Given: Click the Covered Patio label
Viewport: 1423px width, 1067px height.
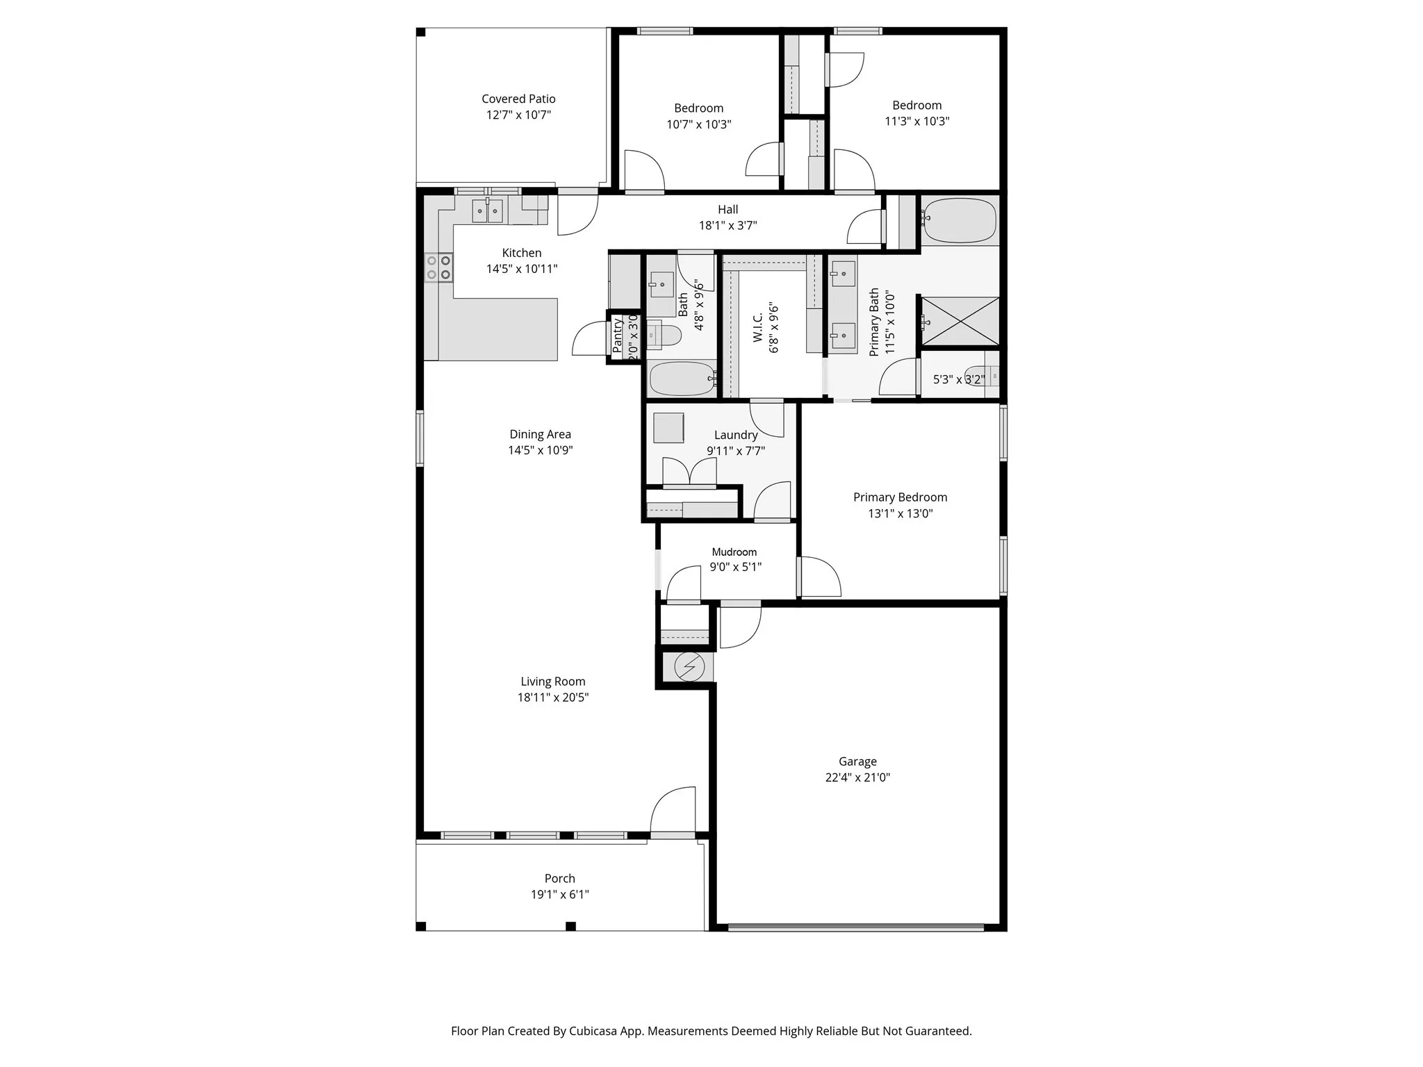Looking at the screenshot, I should tap(518, 99).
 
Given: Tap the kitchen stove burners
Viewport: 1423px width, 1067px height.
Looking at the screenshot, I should tap(438, 267).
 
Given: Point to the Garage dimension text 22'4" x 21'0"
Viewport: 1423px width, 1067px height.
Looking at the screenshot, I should tap(857, 777).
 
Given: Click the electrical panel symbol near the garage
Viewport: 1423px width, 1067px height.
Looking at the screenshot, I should tap(689, 667).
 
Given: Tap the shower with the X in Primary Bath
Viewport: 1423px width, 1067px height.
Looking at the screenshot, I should tap(960, 321).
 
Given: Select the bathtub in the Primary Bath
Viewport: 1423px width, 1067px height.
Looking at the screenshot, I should tap(960, 221).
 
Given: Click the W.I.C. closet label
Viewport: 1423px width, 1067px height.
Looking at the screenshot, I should tap(758, 327).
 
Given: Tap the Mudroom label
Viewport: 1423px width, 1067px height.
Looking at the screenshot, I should tap(734, 552).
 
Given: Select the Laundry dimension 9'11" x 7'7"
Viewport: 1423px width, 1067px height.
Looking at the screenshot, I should tap(736, 451).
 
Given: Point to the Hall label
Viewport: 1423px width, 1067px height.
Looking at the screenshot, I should tap(727, 209).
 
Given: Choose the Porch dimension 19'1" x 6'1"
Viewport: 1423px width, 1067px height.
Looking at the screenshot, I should tap(559, 895).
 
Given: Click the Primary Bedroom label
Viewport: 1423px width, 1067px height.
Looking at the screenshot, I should tap(900, 497).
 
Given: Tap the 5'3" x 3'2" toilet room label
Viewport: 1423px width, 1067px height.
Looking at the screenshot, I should tap(958, 379).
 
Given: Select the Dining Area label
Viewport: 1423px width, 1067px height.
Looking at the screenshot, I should tap(540, 434).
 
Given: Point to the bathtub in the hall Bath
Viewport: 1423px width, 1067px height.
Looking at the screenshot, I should tap(682, 379).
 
